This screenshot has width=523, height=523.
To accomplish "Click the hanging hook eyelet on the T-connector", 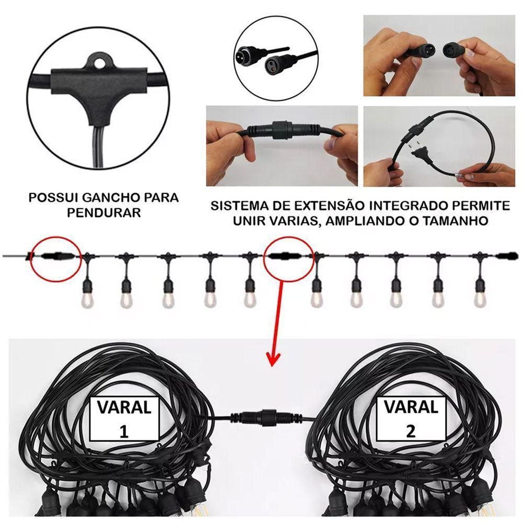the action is click(x=98, y=62).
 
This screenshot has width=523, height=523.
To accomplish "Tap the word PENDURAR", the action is click(x=104, y=213).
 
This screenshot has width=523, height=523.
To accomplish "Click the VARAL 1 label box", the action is click(x=124, y=418).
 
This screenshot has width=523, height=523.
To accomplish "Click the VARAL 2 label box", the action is click(x=411, y=418).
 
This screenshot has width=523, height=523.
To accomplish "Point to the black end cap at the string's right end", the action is click(x=507, y=256).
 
